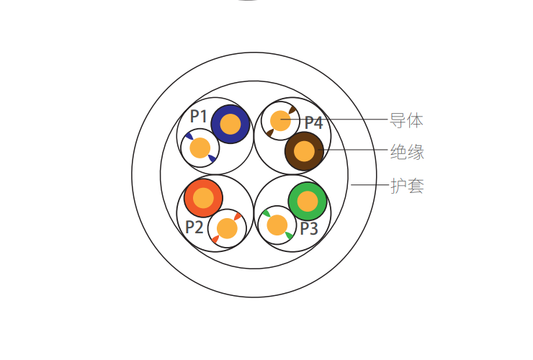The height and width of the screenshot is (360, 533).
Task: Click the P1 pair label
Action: (199, 116)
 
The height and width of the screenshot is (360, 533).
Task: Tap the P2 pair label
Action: (194, 227)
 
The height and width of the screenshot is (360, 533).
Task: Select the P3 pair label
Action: (309, 228)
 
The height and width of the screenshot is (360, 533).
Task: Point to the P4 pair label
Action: (314, 122)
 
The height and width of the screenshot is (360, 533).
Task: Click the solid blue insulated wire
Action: (230, 124)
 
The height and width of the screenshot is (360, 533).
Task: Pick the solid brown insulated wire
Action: (304, 151)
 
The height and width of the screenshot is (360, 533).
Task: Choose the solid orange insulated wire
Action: (203, 198)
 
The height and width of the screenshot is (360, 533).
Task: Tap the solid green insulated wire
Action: (308, 202)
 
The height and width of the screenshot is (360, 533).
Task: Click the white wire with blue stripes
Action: (200, 148)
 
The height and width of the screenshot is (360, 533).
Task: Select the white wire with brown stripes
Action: (280, 121)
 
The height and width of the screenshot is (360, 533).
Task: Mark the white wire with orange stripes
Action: (227, 228)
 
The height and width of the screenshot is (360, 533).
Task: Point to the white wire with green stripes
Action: (277, 225)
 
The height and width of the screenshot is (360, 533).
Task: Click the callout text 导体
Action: (406, 121)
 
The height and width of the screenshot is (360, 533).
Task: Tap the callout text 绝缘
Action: (407, 152)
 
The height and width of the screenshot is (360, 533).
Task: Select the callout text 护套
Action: (407, 186)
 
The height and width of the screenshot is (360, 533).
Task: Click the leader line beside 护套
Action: (369, 184)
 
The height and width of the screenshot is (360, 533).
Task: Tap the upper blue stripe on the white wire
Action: (189, 136)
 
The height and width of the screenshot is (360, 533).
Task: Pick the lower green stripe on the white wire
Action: (289, 235)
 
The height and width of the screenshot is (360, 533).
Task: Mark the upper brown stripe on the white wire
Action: (292, 109)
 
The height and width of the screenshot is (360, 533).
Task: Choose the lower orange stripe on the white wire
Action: (215, 240)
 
